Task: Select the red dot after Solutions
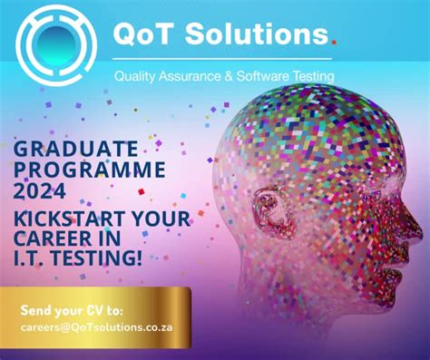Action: [x=332, y=41]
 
